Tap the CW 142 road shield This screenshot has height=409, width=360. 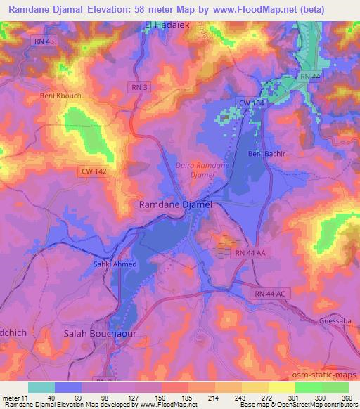tap(92, 171)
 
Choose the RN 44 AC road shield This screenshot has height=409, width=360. tap(263, 293)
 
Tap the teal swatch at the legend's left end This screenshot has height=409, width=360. tap(41, 387)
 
